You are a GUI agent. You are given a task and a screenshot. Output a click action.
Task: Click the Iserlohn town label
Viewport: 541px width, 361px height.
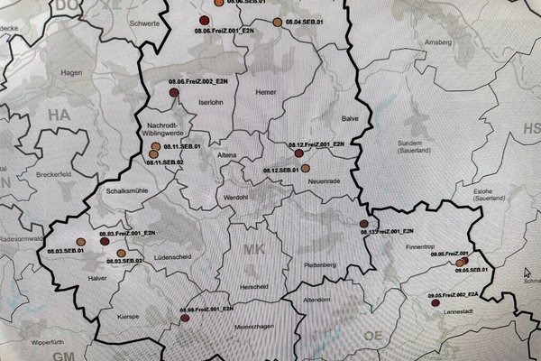(209, 103)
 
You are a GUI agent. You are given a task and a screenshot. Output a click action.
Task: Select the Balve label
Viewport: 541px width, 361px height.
(350, 118)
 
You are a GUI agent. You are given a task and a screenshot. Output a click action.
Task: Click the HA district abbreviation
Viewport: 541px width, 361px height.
(59, 116)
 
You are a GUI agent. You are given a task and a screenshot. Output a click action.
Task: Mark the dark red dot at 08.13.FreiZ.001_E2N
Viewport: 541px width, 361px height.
(364, 224)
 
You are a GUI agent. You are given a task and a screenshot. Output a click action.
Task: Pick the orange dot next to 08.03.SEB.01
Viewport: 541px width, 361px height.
(80, 241)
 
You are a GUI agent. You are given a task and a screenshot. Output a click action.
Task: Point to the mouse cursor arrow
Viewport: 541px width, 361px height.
(528, 270)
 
